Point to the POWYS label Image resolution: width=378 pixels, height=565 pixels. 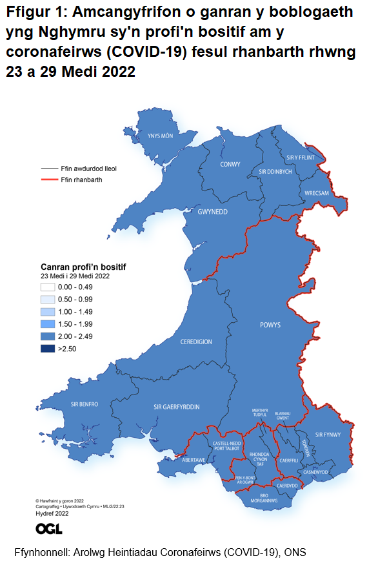[x=270, y=325]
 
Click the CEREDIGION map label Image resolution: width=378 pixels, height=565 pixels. [x=196, y=342]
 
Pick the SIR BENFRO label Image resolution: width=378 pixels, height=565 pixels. [x=84, y=404]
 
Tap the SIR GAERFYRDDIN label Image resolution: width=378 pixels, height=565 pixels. [x=176, y=407]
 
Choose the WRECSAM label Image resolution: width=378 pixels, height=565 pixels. [x=317, y=193]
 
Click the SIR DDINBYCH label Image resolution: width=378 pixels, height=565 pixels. [x=275, y=172]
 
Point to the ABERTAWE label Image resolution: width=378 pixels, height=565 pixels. [x=194, y=460]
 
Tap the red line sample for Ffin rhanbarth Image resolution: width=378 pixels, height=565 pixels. [x=46, y=180]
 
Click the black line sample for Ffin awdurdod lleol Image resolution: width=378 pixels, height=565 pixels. [x=46, y=168]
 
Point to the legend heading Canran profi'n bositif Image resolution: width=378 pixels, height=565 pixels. [x=83, y=267]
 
